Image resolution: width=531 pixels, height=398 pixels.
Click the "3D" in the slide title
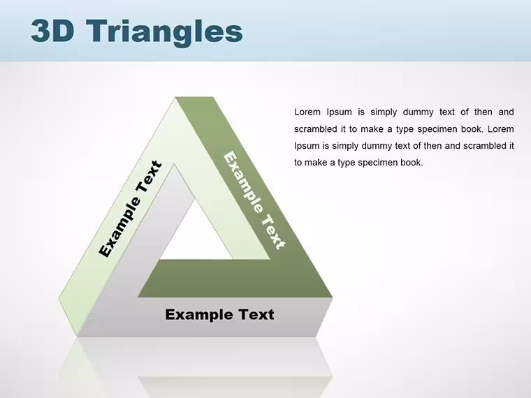pyautogui.click(x=53, y=31)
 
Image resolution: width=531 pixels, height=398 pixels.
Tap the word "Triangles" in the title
pyautogui.click(x=164, y=33)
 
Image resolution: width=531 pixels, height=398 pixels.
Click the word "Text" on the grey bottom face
pyautogui.click(x=256, y=314)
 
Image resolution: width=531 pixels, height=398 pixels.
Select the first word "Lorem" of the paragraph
pyautogui.click(x=307, y=112)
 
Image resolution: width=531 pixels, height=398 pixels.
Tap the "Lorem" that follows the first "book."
pyautogui.click(x=500, y=129)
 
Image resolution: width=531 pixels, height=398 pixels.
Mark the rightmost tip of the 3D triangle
pyautogui.click(x=333, y=297)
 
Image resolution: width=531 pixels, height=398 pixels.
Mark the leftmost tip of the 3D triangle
pyautogui.click(x=59, y=299)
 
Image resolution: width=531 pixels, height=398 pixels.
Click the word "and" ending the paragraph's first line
pyautogui.click(x=506, y=112)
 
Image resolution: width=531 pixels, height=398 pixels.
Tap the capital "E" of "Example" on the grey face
pyautogui.click(x=170, y=314)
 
